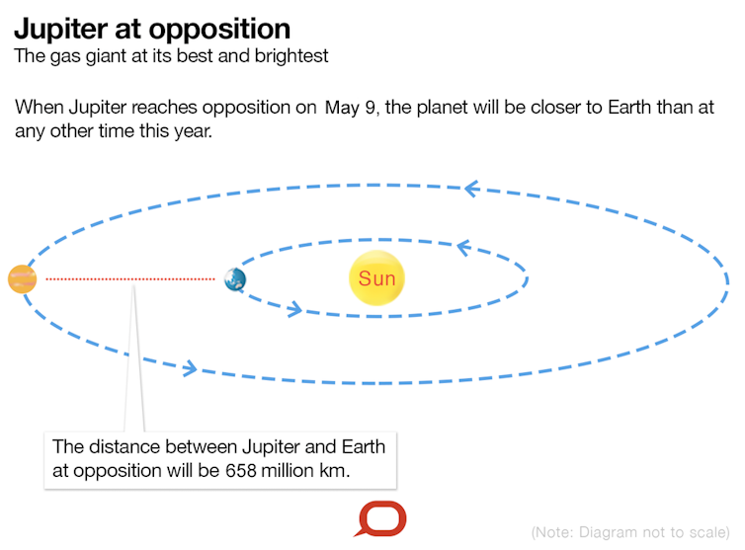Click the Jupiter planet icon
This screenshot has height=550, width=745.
point(23,278)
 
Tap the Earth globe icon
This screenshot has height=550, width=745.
point(235,279)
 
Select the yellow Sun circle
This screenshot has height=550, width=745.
point(376,277)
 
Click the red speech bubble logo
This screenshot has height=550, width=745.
point(381,518)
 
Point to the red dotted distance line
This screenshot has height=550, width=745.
point(130,278)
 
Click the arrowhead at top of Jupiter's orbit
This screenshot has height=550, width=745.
point(471,189)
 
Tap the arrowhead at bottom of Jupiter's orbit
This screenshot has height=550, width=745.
point(190,368)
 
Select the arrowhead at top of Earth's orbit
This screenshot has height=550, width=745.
point(463,248)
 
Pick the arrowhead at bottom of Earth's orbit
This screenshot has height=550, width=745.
point(294,309)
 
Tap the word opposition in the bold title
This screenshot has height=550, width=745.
point(219,31)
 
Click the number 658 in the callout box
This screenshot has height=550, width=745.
point(241,471)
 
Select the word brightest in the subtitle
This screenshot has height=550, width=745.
point(291,56)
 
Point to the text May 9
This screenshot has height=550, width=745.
point(352,108)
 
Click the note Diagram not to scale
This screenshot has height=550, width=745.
point(630,532)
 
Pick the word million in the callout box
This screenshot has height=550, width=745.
point(288,471)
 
